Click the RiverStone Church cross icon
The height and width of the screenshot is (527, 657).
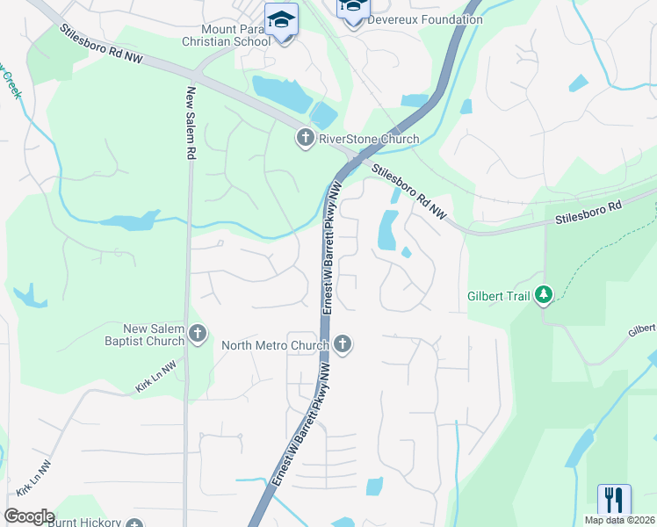tap(305, 138)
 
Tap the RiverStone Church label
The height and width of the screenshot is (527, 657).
tap(369, 140)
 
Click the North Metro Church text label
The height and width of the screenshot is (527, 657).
tap(275, 345)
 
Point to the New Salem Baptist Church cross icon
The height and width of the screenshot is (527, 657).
tap(198, 333)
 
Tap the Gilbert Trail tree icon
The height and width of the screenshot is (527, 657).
tap(544, 294)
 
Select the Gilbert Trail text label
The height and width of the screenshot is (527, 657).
tap(498, 296)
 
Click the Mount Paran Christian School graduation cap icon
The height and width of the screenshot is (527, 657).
tap(282, 19)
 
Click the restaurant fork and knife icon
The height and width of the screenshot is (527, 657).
tap(614, 500)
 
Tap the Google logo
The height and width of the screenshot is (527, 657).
tap(29, 516)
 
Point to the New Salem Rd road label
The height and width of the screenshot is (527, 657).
tap(189, 123)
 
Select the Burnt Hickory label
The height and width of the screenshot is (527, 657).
tap(83, 522)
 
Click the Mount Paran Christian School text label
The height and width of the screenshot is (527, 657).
tap(224, 35)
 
